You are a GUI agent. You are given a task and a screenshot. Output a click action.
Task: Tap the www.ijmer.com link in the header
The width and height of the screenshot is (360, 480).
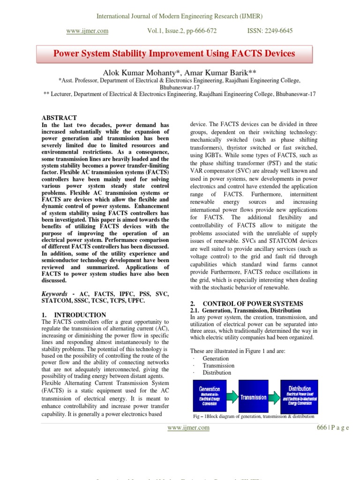point(87,31)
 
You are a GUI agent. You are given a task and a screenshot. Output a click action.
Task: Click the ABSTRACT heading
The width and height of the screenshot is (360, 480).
point(60,118)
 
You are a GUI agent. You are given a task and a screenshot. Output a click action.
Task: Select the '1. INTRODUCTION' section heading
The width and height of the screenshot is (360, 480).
point(74,315)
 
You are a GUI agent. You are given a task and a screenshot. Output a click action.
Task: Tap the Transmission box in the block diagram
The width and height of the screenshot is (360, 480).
point(254,397)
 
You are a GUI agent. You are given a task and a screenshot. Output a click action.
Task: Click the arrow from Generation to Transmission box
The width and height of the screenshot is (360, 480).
point(232,397)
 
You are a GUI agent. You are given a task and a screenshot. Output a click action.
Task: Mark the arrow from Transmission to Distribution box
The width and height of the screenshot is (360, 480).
point(275,397)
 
